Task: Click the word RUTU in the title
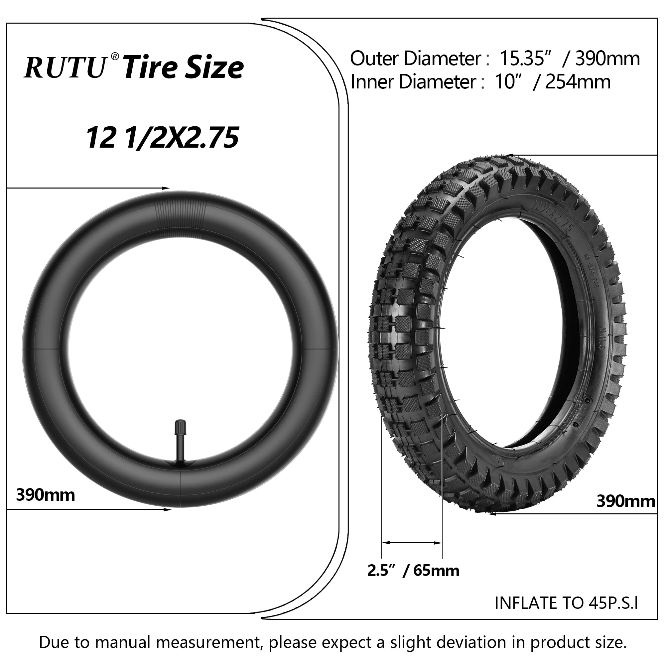point(66,67)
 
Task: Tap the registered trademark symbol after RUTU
point(115,56)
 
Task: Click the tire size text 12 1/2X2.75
point(162,138)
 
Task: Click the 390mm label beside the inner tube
point(46,495)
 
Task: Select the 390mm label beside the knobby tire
point(625,501)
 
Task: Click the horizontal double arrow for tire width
point(412,543)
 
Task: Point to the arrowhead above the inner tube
point(167,188)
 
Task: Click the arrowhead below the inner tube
point(168,509)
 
